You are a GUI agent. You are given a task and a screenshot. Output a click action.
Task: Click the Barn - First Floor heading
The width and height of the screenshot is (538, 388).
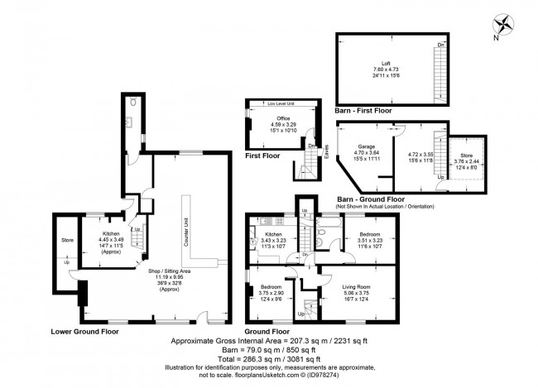pyautogui.click(x=363, y=109)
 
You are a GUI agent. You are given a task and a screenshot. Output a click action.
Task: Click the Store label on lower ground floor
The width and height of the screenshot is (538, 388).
pyautogui.click(x=68, y=241)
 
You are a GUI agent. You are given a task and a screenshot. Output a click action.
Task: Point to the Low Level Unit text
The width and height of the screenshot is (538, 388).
pyautogui.click(x=281, y=104)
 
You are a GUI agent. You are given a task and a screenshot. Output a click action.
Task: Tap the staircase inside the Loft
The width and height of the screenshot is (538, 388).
pyautogui.click(x=434, y=74)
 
